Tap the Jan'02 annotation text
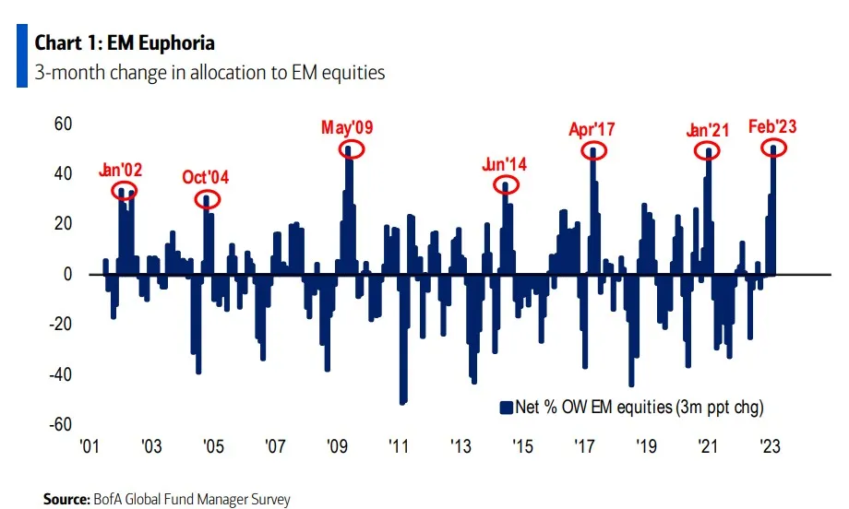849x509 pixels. [121, 171]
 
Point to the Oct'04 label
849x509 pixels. [206, 175]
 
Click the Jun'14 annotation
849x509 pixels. [504, 164]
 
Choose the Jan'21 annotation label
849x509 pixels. [708, 130]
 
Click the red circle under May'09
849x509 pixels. [351, 148]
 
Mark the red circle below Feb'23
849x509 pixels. [773, 148]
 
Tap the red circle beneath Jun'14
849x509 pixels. [506, 184]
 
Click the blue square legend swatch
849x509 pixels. [505, 407]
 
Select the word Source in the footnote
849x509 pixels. [68, 499]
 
